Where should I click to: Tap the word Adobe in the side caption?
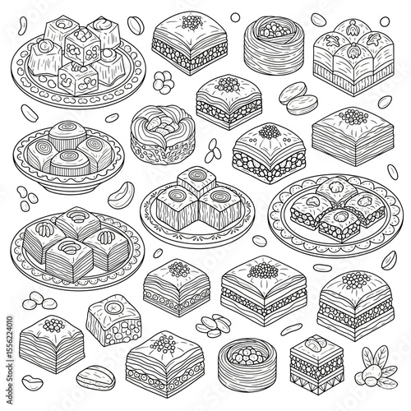(10, 394)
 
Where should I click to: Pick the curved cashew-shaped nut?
(121, 195)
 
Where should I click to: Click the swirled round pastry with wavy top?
(163, 135)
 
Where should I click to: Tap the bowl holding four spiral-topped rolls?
(68, 157)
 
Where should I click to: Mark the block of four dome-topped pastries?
(353, 58)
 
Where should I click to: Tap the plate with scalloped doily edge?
(335, 215)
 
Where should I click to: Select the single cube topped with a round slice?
(113, 320)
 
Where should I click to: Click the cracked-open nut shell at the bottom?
(95, 378)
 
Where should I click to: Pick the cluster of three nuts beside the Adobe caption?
(39, 301)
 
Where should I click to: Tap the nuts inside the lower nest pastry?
(248, 355)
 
